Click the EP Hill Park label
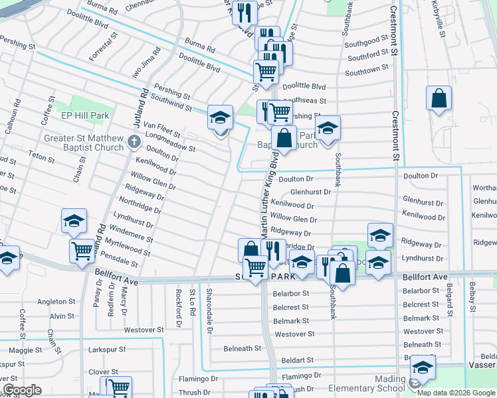(84, 115)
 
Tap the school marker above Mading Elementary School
(423, 367)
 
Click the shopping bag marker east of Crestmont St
(439, 99)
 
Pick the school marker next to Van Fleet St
(220, 119)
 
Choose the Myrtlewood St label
(130, 249)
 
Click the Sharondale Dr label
(209, 309)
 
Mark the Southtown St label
(366, 71)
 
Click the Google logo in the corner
(22, 390)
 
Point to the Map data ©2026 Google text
(456, 393)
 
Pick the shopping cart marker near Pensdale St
(82, 251)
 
